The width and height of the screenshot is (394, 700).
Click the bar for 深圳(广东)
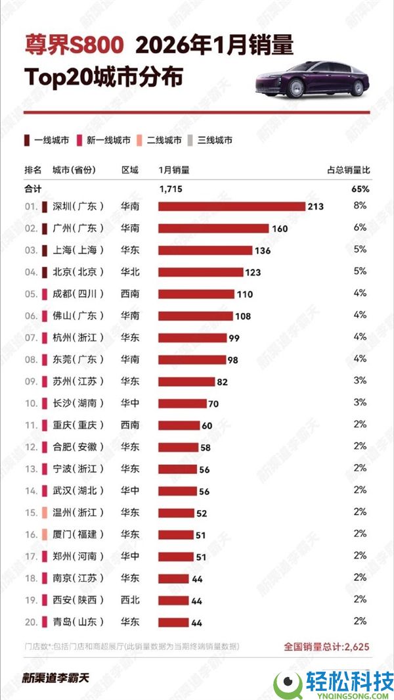click(x=232, y=206)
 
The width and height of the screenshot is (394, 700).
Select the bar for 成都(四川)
click(x=196, y=294)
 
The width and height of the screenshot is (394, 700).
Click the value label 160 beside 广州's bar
click(x=279, y=228)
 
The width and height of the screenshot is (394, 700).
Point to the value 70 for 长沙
click(x=213, y=404)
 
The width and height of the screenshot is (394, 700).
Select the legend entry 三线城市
click(x=211, y=139)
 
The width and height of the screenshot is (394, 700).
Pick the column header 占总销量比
click(x=348, y=170)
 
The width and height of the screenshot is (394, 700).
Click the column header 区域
click(x=130, y=170)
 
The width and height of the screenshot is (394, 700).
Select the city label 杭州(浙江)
click(x=78, y=338)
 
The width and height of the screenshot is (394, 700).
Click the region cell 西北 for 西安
click(x=130, y=599)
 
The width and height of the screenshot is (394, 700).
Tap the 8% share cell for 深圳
click(x=360, y=206)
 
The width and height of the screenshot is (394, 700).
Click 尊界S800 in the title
click(x=74, y=45)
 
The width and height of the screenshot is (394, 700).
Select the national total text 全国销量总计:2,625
click(x=326, y=647)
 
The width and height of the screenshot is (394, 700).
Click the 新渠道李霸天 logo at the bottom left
click(x=55, y=678)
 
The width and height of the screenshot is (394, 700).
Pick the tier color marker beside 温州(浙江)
click(x=45, y=513)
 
